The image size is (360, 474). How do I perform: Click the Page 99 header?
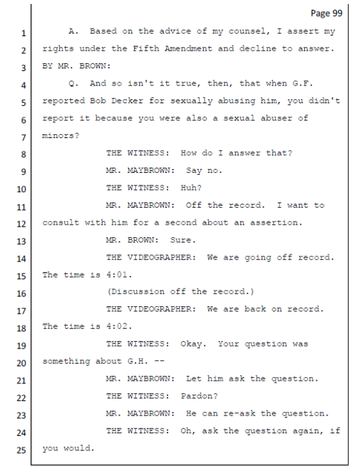tap(326, 13)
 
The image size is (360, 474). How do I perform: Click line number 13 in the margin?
tap(22, 241)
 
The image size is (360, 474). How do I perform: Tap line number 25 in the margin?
tap(22, 450)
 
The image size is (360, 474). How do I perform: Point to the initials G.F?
tap(303, 83)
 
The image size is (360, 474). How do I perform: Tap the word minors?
tap(60, 135)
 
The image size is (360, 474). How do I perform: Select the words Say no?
tap(204, 170)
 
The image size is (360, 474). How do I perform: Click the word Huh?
tap(191, 188)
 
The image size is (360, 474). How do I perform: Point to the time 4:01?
tap(120, 275)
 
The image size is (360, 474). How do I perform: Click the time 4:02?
tap(120, 327)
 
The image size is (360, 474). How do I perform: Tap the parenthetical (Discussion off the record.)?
tap(181, 292)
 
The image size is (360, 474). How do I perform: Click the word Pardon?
tap(199, 396)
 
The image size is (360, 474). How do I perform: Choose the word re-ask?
tap(239, 414)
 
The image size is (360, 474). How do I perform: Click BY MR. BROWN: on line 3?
tap(77, 66)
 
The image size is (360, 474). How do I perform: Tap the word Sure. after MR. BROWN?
tap(183, 241)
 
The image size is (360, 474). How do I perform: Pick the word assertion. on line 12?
tap(276, 223)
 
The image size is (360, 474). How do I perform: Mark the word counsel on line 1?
tap(248, 32)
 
